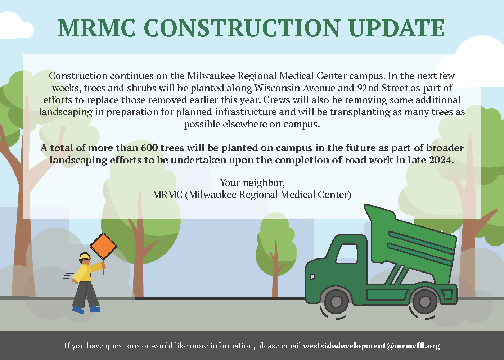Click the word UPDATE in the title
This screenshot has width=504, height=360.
(397, 28)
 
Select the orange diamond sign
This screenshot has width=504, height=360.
(103, 246)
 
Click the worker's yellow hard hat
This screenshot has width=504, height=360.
(85, 257)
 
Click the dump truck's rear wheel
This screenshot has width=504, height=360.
(424, 301)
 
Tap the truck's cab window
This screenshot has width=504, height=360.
(347, 253)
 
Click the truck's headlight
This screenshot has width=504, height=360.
(312, 276)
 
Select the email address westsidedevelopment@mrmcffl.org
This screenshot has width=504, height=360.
(372, 346)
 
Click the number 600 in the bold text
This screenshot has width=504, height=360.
(149, 148)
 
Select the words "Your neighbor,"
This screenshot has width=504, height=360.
(252, 183)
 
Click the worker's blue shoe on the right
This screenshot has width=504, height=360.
(95, 309)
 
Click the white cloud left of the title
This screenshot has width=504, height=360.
(16, 25)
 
